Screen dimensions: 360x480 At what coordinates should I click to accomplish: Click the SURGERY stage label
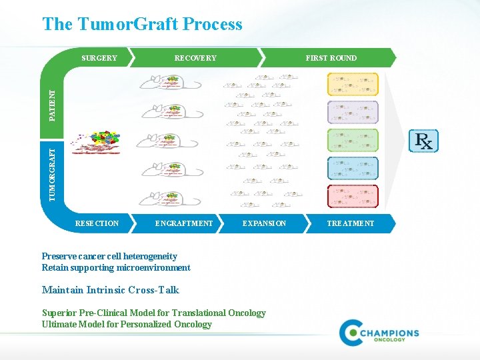(99, 58)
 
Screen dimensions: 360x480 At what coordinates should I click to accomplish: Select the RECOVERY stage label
(195, 58)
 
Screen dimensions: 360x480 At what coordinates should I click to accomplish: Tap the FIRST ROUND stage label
(331, 58)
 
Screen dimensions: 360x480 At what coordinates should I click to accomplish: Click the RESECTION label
(97, 223)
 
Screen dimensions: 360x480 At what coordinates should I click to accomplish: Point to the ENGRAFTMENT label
(184, 223)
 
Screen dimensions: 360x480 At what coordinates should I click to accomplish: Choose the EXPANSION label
(264, 223)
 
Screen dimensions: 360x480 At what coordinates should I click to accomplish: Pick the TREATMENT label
(351, 223)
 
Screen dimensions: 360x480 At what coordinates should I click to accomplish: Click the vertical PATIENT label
(53, 105)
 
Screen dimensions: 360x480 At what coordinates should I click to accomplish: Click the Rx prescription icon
(424, 141)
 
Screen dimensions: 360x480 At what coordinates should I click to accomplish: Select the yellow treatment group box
(353, 84)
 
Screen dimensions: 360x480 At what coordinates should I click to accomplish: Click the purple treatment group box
(353, 112)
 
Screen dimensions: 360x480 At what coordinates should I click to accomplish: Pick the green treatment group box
(353, 140)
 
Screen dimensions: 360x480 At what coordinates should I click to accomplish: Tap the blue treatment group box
(353, 168)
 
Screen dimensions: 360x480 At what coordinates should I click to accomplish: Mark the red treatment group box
(353, 196)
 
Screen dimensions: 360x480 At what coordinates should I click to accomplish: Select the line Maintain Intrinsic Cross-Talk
(110, 290)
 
